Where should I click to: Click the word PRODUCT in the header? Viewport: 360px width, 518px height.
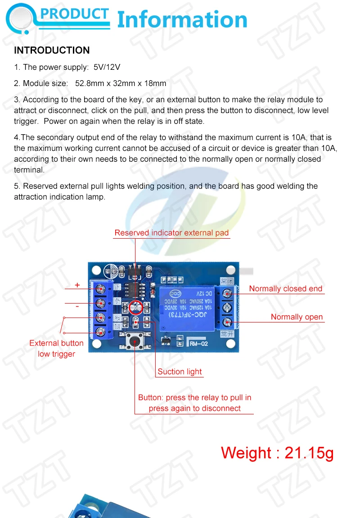[75, 14]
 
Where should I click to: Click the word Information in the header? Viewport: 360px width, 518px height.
[182, 20]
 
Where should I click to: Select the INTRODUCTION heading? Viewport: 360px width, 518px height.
[52, 50]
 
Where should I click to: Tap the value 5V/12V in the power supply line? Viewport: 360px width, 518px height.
[107, 67]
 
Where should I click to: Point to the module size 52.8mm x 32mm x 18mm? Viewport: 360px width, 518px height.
[121, 83]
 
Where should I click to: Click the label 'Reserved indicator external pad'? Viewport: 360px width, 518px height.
[171, 233]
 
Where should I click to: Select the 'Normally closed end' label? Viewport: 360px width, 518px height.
[286, 289]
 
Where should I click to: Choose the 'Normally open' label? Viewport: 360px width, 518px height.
[297, 317]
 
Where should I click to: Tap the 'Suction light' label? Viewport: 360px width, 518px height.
[180, 372]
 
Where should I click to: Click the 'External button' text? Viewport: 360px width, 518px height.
[56, 343]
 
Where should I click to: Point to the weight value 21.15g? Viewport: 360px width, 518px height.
[309, 453]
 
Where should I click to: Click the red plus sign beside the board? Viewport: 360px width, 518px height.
[77, 285]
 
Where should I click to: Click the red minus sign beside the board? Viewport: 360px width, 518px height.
[77, 306]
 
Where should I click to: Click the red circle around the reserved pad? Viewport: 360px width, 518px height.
[135, 309]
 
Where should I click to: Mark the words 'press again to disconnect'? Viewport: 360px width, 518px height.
[194, 409]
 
